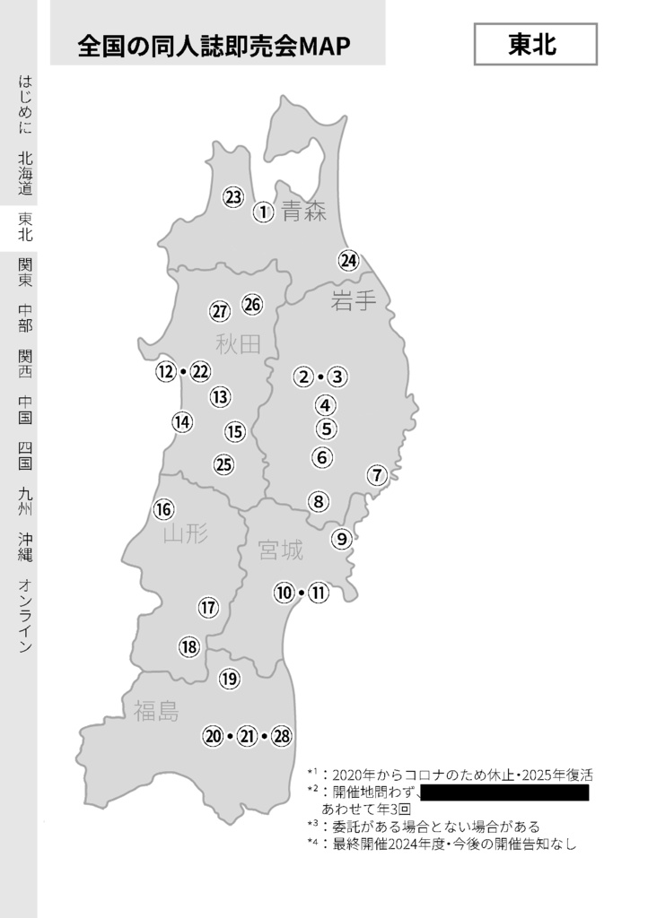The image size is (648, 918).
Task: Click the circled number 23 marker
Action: pos(233,197)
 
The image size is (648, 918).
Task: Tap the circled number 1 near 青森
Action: pos(262,212)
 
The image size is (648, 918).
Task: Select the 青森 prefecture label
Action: pos(303,212)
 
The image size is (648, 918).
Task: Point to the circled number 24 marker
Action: pos(348,261)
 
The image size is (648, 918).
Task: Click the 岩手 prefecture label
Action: pos(354,301)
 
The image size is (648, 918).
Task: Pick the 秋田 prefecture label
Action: pos(238,343)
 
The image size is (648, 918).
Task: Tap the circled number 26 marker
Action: pos(252,305)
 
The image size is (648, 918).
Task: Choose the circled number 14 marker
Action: pos(182,421)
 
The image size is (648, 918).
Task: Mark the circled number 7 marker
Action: pos(377,475)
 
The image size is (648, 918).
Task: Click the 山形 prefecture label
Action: pos(186,535)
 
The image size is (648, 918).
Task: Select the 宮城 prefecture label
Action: pos(280,550)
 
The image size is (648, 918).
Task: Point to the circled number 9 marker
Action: pos(341,539)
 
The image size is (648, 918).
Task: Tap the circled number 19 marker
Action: pos(230,679)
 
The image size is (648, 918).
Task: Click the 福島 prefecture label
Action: pos(156,712)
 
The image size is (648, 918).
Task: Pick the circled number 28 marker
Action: pos(282,737)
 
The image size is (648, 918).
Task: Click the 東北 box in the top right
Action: pos(535,45)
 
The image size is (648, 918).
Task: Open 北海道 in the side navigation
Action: pos(25,173)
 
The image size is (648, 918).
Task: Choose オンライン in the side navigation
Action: pos(25,616)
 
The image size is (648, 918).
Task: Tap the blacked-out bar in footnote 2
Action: pos(503,792)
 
